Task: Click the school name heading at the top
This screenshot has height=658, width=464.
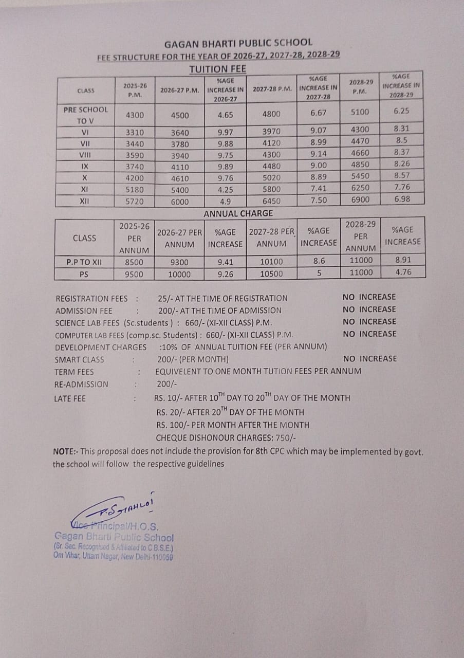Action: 238,44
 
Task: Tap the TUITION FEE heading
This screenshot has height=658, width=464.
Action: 217,68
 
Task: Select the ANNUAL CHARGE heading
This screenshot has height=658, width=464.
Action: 238,213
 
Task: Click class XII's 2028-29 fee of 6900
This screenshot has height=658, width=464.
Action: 360,199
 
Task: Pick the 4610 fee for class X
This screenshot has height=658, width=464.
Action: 180,178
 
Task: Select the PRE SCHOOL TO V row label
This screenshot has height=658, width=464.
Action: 85,115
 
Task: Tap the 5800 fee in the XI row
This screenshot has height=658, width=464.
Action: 271,190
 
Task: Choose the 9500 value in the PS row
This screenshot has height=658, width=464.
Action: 134,274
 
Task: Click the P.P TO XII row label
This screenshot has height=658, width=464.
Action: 84,262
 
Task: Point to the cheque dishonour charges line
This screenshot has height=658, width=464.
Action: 226,438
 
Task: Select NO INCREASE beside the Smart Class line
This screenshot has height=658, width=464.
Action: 369,359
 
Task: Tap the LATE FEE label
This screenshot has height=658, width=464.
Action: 70,398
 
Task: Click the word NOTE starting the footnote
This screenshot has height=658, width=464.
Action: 64,452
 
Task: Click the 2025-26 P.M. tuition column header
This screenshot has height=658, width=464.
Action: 135,90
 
